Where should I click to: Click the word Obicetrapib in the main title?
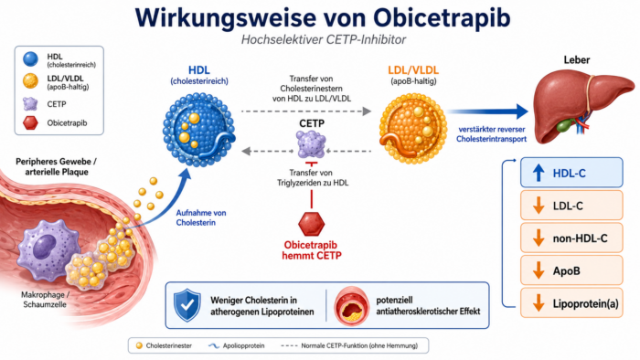[442, 18]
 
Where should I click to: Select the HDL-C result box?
[571, 173]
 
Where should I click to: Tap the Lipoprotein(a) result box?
[571, 303]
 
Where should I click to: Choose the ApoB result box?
[571, 270]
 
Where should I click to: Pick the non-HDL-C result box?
[571, 238]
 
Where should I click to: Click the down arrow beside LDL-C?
[539, 206]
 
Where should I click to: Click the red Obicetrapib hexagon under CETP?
[312, 224]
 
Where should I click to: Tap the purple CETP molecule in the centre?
[311, 144]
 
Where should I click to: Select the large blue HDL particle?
[199, 130]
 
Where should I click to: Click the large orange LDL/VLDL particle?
[412, 129]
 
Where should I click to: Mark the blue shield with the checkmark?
[187, 305]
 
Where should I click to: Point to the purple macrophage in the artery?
[48, 249]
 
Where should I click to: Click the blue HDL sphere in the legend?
[30, 59]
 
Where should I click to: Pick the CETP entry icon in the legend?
[30, 104]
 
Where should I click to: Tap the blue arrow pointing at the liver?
[487, 111]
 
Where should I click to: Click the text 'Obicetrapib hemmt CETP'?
[312, 250]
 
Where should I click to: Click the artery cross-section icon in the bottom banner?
[351, 306]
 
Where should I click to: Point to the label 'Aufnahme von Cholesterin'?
[201, 217]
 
